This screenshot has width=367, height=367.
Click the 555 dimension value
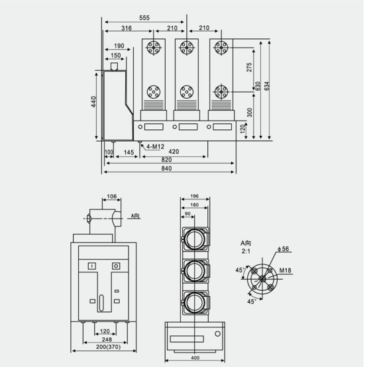[x=144, y=18]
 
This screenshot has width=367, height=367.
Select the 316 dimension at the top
[x=127, y=28]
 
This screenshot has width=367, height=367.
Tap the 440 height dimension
[x=93, y=101]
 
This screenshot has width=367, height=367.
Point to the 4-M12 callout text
[x=155, y=147]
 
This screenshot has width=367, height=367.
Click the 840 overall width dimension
[x=166, y=168]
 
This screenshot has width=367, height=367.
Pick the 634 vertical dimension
[x=266, y=86]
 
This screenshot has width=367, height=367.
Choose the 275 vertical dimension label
[x=249, y=67]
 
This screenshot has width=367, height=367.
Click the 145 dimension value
[x=129, y=152]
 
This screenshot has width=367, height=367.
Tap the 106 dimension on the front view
[x=112, y=196]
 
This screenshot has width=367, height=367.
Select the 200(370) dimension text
[x=109, y=346]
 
